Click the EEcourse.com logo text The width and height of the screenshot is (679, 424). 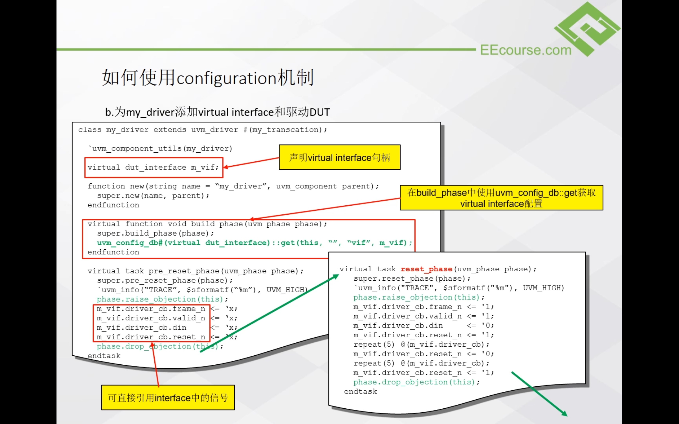[x=525, y=50]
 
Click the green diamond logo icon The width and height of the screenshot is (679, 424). [x=587, y=28]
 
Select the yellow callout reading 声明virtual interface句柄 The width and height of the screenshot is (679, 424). [x=339, y=157]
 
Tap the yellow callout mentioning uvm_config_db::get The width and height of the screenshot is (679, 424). [x=501, y=198]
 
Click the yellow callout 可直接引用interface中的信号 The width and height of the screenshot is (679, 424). [x=168, y=398]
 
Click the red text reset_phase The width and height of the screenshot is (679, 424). [x=426, y=269]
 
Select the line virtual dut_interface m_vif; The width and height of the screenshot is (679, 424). [x=153, y=167]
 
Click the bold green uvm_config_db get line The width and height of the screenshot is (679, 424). [x=254, y=242]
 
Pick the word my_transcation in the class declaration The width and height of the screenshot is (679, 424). [x=285, y=130]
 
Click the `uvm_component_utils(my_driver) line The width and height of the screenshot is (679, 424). [x=160, y=148]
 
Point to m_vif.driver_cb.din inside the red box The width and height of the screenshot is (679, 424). [x=141, y=328]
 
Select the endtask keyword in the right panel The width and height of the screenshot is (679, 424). [x=360, y=391]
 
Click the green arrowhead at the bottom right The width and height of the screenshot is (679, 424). [x=564, y=413]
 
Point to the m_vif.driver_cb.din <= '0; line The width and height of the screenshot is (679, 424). [x=423, y=326]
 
